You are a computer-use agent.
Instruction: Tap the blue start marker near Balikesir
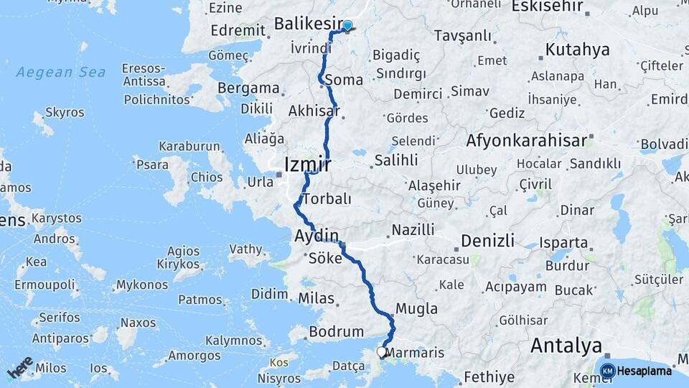coord(347,27)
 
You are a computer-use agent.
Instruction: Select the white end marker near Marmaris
coord(382,352)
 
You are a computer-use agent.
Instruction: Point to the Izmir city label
coord(307,165)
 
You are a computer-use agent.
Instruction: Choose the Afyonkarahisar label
coord(527,140)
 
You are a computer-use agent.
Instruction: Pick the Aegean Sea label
coord(61,72)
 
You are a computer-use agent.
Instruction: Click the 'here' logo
coord(20,366)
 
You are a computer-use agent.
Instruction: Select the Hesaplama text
coord(645,371)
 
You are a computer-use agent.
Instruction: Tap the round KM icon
coord(607,371)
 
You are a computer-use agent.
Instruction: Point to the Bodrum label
coord(336,332)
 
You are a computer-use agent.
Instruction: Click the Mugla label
coord(416,309)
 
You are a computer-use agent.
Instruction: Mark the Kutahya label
coord(577,50)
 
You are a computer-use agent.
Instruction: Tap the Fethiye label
coord(489,377)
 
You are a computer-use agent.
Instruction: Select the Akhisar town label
coord(313,111)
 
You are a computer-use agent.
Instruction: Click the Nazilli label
coord(413,230)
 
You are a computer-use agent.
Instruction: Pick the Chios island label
coord(207,177)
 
